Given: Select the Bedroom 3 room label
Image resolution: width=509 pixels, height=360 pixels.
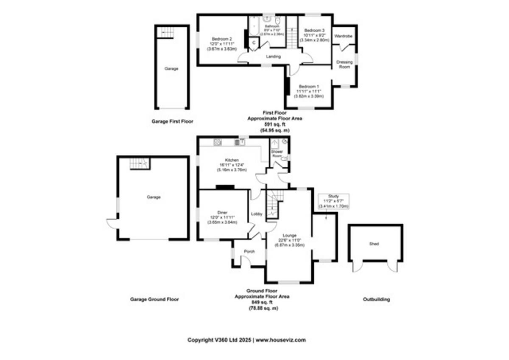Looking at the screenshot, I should [314, 31].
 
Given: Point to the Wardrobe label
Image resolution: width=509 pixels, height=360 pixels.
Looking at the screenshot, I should [343, 37].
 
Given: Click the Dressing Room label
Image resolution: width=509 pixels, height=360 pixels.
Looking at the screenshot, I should [344, 65].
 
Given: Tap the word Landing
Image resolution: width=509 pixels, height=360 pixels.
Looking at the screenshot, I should [273, 56].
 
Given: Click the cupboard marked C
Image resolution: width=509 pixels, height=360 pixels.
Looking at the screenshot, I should [254, 43].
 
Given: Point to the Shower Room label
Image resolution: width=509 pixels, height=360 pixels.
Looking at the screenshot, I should [277, 154].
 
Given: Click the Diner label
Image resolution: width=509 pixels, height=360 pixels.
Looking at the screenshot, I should [222, 212].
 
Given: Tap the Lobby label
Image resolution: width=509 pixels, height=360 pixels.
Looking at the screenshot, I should [257, 214].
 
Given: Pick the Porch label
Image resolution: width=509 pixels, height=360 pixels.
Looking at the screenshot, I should [249, 252].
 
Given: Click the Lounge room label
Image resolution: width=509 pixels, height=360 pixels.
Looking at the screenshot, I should [291, 235].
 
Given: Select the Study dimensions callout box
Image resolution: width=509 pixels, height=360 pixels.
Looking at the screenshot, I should [333, 201].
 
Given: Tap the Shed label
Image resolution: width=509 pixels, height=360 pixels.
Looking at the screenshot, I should [374, 244].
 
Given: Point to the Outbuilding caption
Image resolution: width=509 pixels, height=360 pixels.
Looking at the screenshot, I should [376, 299].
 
